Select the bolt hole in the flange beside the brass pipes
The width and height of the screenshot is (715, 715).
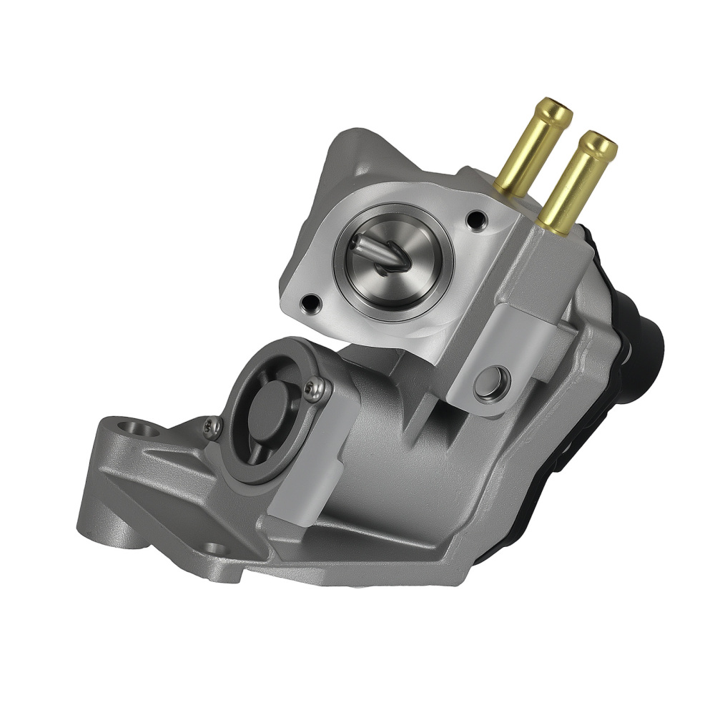click(474, 219)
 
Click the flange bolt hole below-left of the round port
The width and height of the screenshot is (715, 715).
click(309, 302)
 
